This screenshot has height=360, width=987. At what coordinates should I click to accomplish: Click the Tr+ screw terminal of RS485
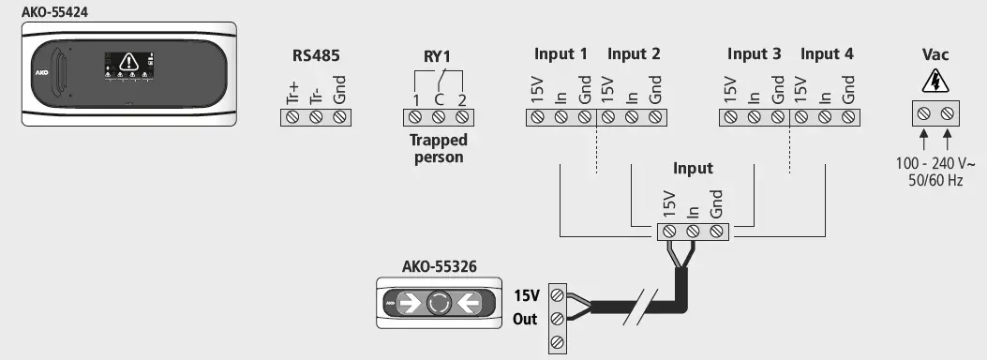pyautogui.click(x=292, y=117)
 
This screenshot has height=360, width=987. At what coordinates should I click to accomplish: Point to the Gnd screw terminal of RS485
pyautogui.click(x=339, y=117)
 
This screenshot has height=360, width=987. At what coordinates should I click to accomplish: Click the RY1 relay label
pyautogui.click(x=438, y=55)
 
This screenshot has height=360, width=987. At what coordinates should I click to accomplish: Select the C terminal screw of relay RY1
pyautogui.click(x=438, y=117)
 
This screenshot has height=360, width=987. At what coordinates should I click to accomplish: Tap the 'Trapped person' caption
pyautogui.click(x=438, y=148)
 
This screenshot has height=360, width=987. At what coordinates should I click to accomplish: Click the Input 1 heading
pyautogui.click(x=561, y=54)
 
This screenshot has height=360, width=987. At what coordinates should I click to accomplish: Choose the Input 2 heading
pyautogui.click(x=634, y=54)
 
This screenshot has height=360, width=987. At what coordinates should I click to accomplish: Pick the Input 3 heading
pyautogui.click(x=754, y=54)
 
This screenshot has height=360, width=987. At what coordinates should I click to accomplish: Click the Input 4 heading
pyautogui.click(x=827, y=54)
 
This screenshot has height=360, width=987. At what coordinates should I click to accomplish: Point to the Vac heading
pyautogui.click(x=935, y=55)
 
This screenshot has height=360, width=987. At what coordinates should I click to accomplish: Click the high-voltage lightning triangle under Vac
pyautogui.click(x=935, y=83)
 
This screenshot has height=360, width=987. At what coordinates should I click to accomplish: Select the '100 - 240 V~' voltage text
pyautogui.click(x=935, y=163)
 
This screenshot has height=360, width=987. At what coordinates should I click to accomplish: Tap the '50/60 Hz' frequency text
pyautogui.click(x=935, y=180)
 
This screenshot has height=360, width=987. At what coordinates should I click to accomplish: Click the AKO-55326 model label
pyautogui.click(x=439, y=266)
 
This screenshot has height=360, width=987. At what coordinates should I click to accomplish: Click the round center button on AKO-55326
pyautogui.click(x=439, y=304)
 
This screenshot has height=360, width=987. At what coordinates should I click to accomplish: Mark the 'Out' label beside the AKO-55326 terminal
pyautogui.click(x=525, y=320)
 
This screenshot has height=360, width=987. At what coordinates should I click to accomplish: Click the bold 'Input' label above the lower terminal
pyautogui.click(x=693, y=169)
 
